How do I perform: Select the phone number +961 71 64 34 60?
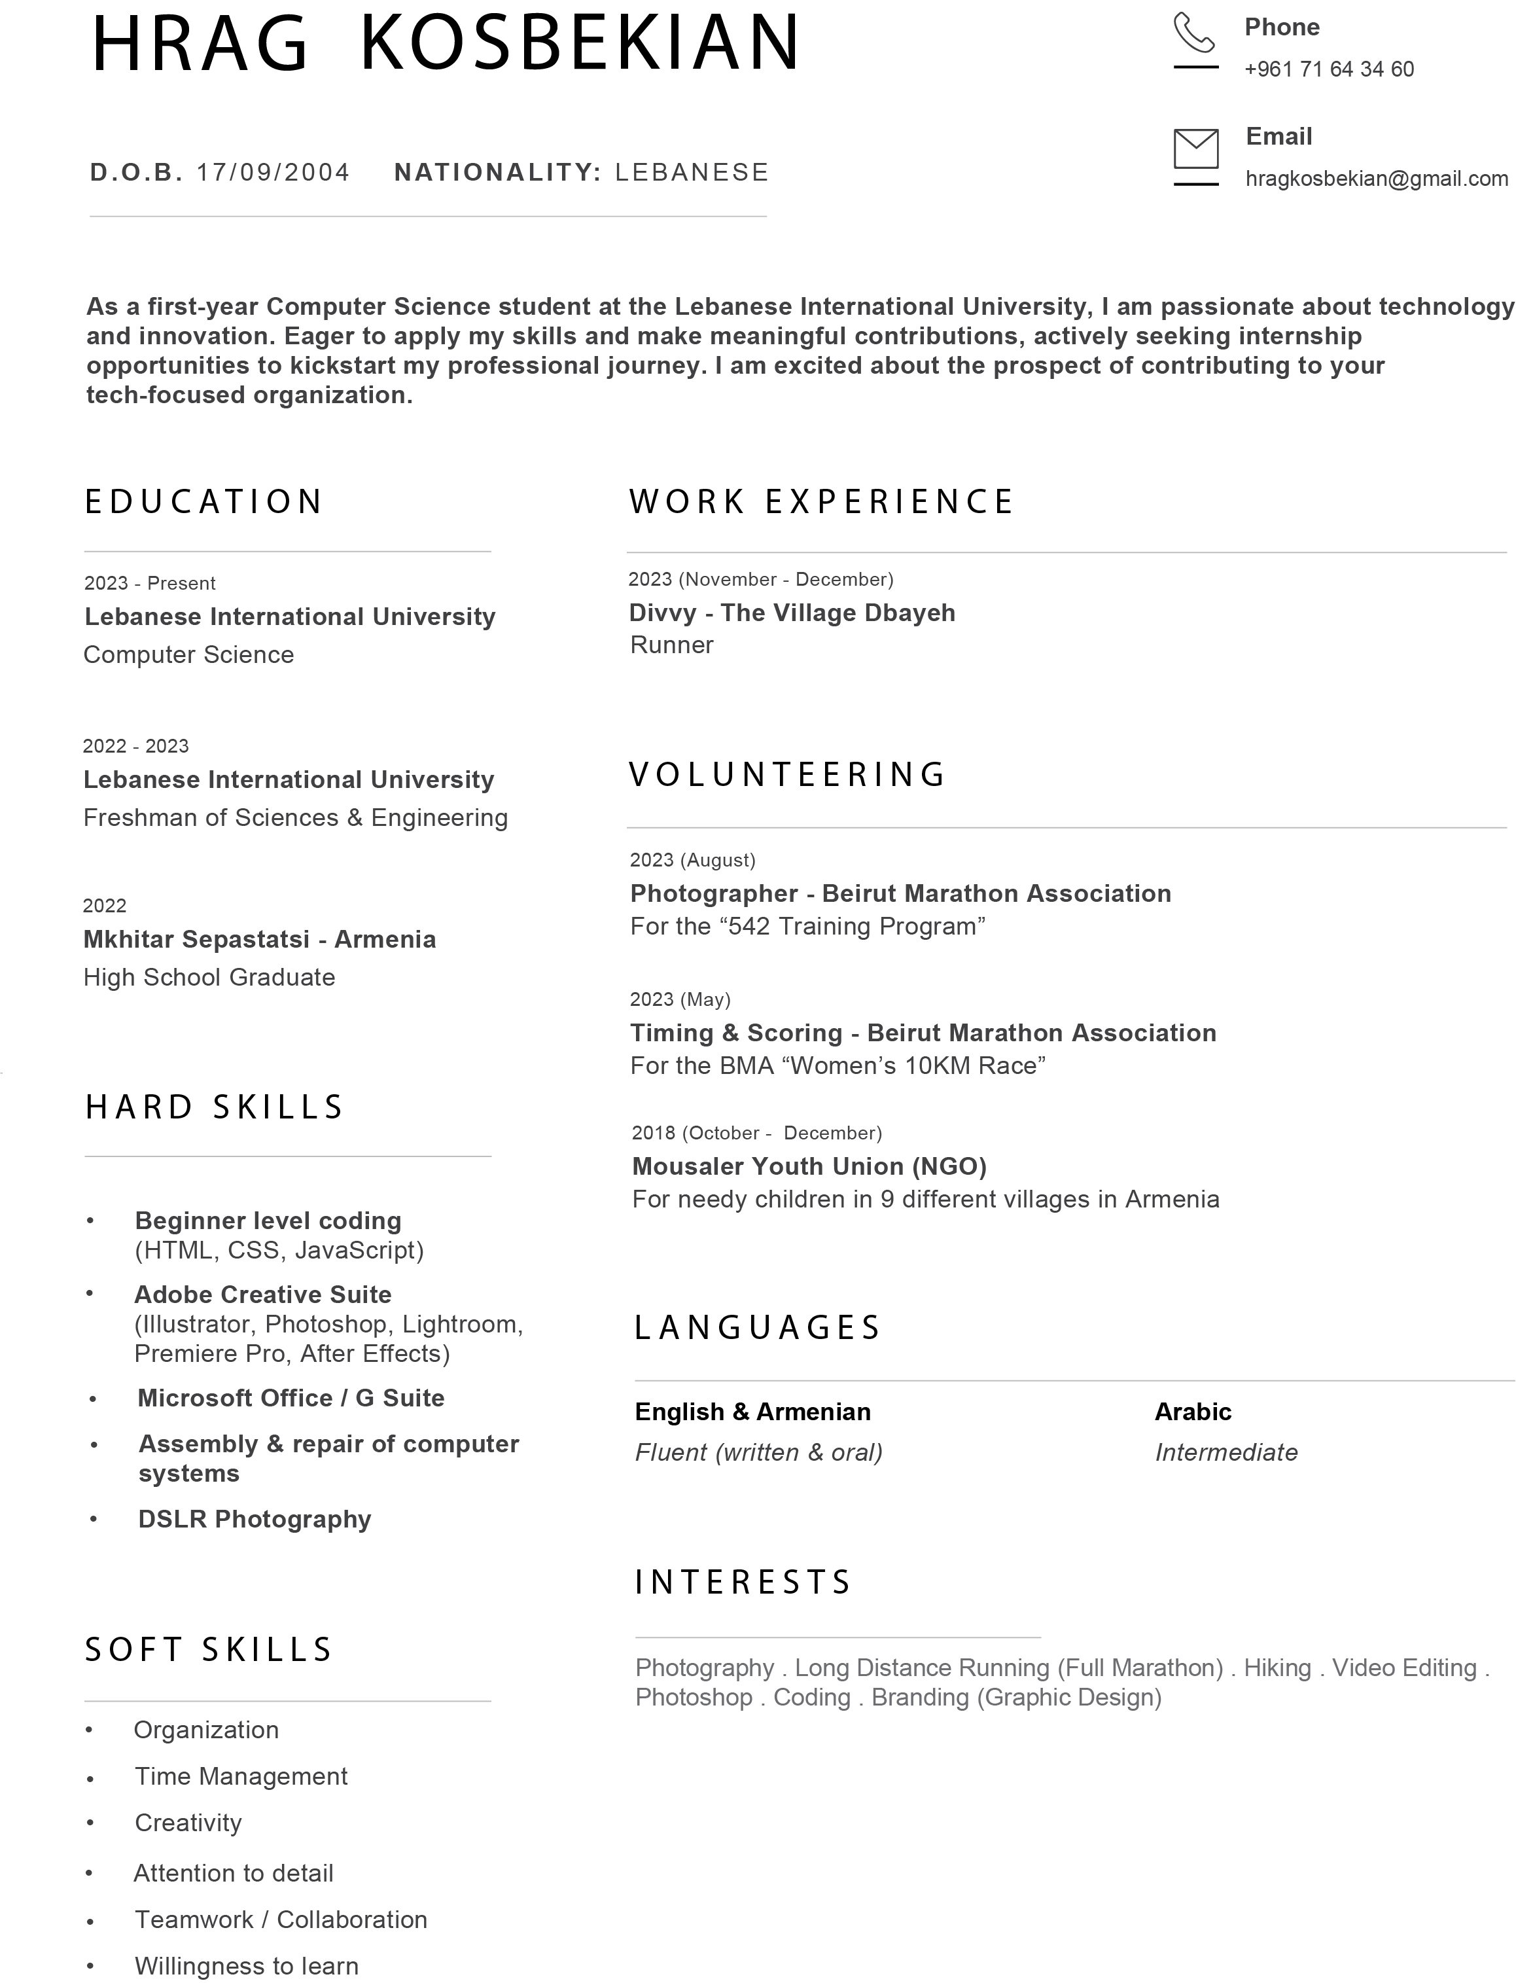1328,69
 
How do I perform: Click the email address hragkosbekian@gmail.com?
1376,179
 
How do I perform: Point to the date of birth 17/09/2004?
273,172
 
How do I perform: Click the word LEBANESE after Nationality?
691,172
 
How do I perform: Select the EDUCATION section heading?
204,502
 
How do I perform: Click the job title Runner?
671,645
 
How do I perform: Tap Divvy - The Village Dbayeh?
792,613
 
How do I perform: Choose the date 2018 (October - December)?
756,1133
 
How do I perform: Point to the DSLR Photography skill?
255,1519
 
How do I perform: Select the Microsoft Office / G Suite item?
291,1398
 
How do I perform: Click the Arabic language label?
1192,1412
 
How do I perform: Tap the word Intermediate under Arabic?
1225,1452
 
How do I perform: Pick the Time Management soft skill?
241,1776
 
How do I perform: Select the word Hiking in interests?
1277,1668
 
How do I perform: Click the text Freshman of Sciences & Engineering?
295,818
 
